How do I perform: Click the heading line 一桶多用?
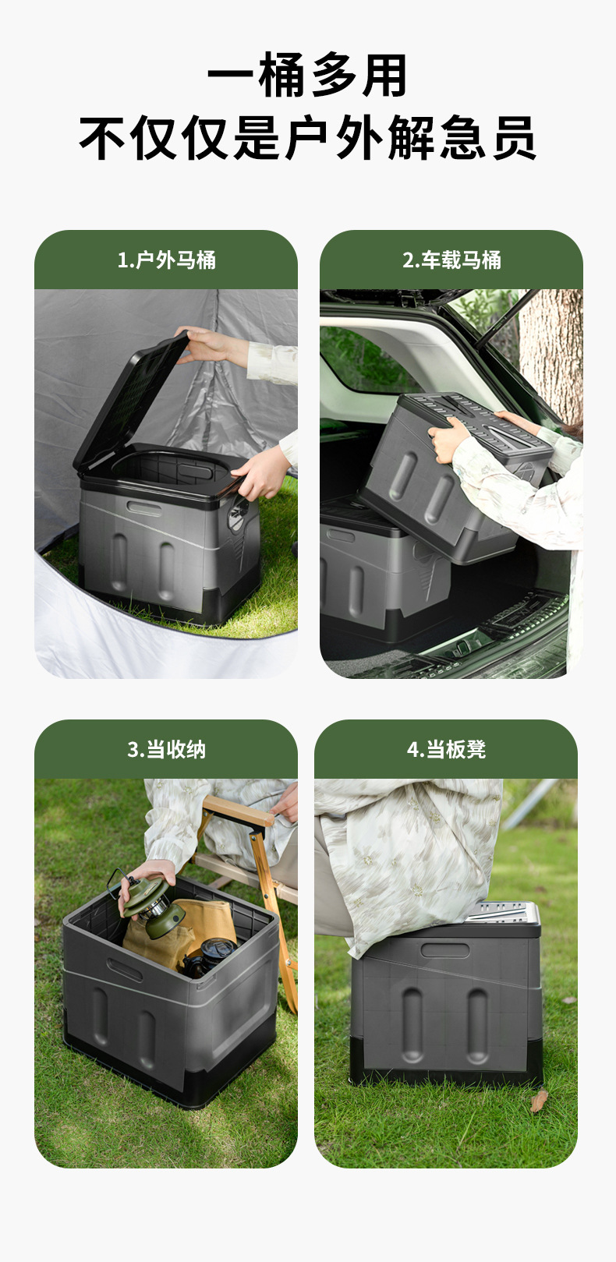308,76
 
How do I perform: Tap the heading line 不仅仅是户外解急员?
308,138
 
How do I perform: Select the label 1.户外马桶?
166,260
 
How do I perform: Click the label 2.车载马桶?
451,260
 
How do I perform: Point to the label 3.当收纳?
166,750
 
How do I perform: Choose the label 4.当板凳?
446,750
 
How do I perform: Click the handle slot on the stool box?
444,950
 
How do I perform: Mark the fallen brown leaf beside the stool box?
539,1101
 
